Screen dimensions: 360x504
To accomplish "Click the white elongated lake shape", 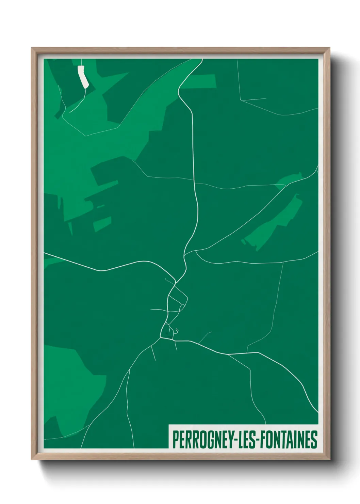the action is click(83, 77).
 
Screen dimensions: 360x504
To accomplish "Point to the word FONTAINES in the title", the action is click(289, 440).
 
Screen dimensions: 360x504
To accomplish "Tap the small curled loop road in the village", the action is click(177, 330).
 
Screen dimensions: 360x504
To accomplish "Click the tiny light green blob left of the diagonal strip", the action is click(243, 241).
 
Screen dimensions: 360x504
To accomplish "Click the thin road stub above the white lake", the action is click(82, 62).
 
